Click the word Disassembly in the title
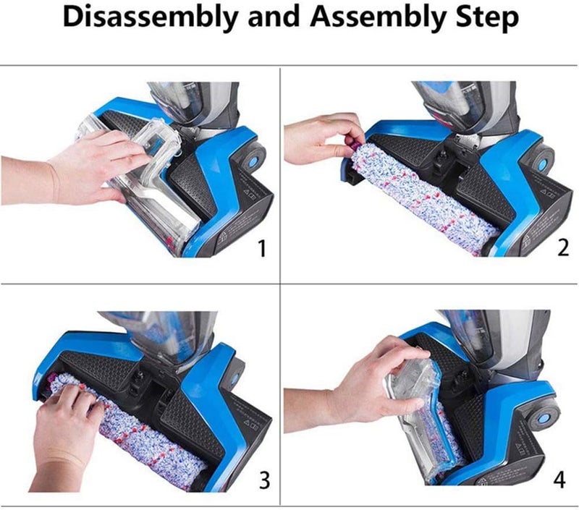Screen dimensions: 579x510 (x=150, y=17)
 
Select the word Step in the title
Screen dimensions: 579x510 (x=487, y=17)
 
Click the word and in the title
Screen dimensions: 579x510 (x=274, y=17)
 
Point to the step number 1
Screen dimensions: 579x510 (x=261, y=248)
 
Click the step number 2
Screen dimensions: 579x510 (x=563, y=247)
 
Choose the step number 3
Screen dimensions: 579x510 (x=264, y=480)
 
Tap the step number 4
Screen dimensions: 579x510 (x=559, y=480)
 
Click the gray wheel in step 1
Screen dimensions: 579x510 (x=254, y=157)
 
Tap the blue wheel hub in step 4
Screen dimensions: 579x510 (x=544, y=419)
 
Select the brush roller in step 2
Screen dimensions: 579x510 (x=421, y=197)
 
